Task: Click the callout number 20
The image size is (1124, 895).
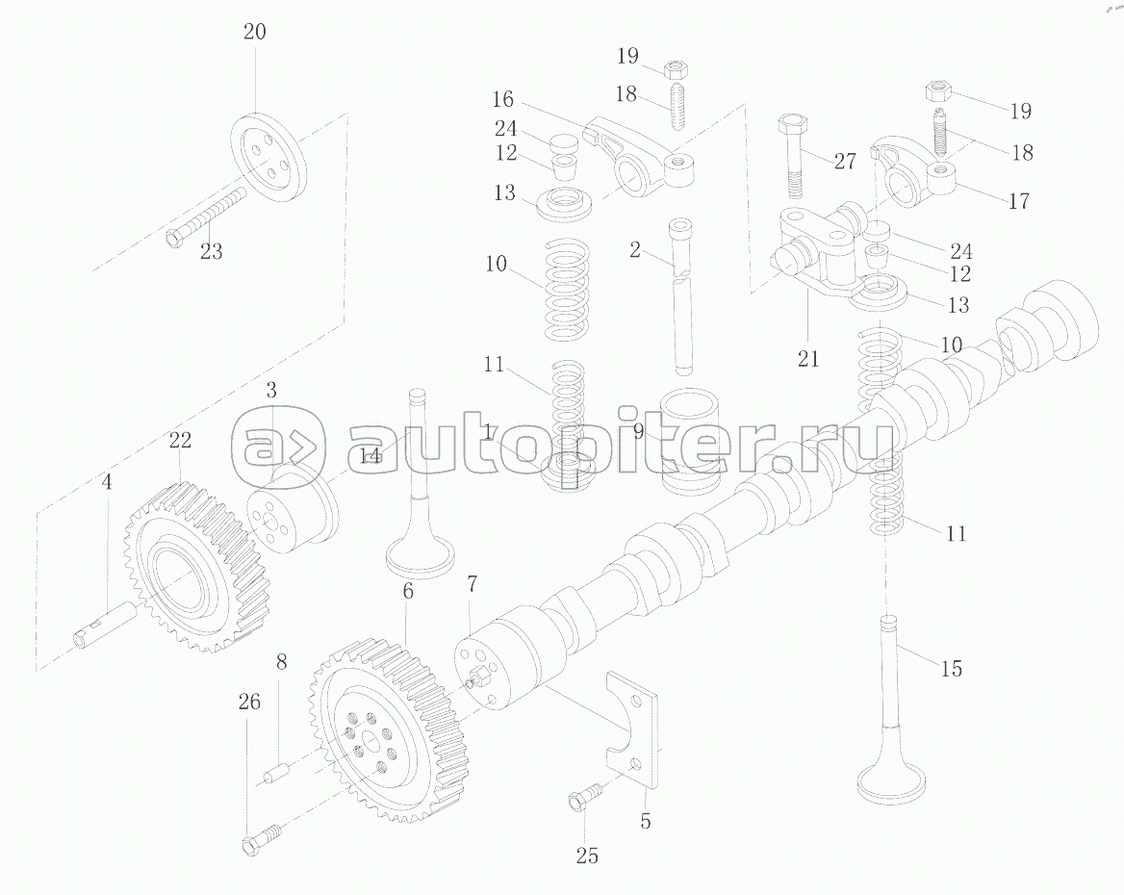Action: pos(254,32)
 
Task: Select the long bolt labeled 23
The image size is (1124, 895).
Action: pos(208,217)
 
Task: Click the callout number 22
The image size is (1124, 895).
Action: pos(180,441)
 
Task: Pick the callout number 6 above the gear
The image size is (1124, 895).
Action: pos(408,591)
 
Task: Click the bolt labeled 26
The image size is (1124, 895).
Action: pos(259,835)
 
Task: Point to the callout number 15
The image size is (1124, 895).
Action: pos(951,668)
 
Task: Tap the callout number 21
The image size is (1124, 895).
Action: pos(808,359)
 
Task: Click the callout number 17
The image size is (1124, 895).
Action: pos(1018,201)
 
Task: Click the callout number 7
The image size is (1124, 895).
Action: pos(472,583)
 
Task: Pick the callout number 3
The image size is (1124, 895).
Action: pos(272,391)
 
